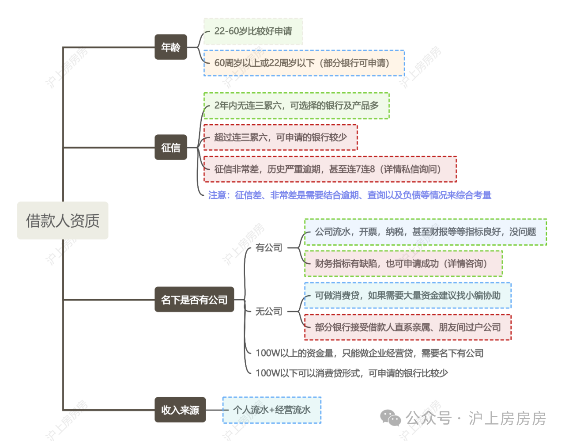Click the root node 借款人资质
(x=63, y=220)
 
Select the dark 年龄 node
(x=171, y=47)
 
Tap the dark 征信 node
(x=171, y=147)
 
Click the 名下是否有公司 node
(x=194, y=300)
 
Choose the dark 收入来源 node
(x=180, y=410)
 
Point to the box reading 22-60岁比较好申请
(x=253, y=31)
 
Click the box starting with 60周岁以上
(x=304, y=63)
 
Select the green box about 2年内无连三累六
(x=296, y=106)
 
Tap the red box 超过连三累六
(x=280, y=137)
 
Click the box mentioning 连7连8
(x=330, y=169)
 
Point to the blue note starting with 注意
(x=350, y=195)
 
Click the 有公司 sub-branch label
(x=269, y=248)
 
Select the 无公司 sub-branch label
(x=269, y=312)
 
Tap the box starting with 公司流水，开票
(x=426, y=232)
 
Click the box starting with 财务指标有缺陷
(x=403, y=264)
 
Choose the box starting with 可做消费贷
(x=407, y=296)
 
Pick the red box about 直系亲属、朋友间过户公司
(x=407, y=327)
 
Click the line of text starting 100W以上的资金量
(x=369, y=353)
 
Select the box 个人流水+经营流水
(x=271, y=410)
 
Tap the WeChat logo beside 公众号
(x=390, y=418)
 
